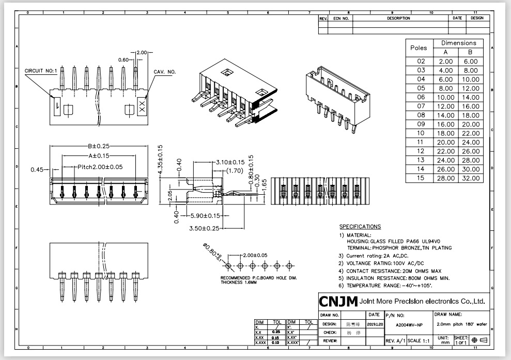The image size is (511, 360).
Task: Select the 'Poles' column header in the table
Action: point(419,48)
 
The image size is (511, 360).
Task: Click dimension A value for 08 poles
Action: point(445,116)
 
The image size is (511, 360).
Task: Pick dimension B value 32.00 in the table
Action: point(470,179)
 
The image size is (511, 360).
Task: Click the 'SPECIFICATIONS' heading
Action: point(360,227)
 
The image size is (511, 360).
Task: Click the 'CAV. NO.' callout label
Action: point(165,72)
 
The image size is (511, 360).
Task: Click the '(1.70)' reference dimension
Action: point(235,170)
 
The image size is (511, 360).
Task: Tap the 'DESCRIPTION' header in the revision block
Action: point(398,18)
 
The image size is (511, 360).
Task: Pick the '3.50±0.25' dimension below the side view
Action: point(204,228)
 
